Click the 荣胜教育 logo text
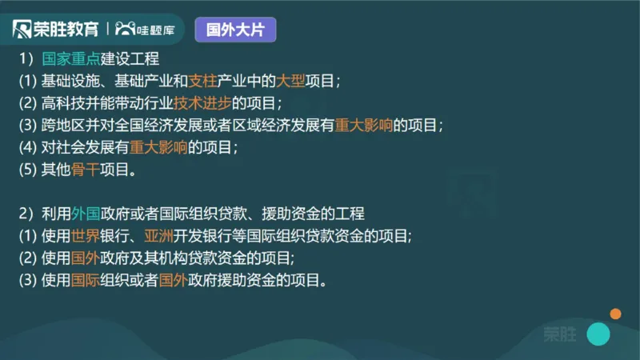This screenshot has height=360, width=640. tap(66, 30)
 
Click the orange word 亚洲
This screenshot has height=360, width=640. tap(159, 237)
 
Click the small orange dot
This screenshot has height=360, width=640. tap(615, 314)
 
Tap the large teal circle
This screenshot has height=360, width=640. tap(598, 334)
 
